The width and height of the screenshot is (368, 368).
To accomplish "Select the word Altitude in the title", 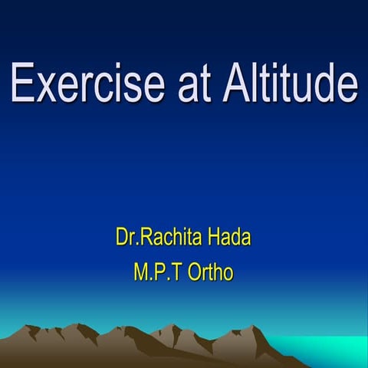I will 288,84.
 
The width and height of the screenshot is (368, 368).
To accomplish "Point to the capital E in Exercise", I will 22,84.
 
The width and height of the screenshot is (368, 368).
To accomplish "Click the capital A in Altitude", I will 236,84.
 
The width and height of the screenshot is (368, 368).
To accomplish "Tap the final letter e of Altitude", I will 346,88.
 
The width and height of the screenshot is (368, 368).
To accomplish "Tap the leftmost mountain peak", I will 31,327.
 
